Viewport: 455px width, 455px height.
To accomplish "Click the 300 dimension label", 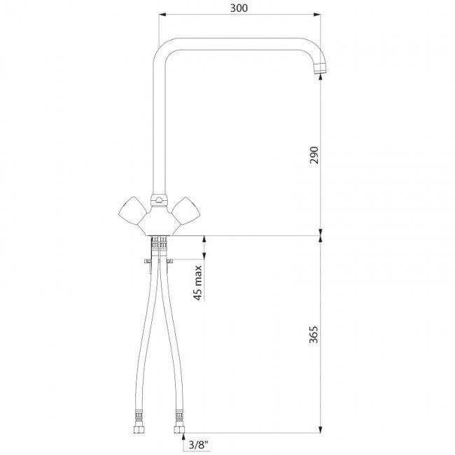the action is tap(239, 8).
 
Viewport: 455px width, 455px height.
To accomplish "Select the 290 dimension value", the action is tap(314, 155).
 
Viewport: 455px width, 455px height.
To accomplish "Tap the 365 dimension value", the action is tap(314, 335).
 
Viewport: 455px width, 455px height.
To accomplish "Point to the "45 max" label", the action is tap(198, 283).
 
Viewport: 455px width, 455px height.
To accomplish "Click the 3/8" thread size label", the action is tap(199, 444).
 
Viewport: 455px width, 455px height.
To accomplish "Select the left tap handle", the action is tap(132, 211).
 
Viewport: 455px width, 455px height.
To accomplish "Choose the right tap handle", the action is tap(186, 211).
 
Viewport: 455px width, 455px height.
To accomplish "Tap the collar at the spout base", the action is tap(159, 200).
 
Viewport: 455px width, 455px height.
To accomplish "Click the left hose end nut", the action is tap(139, 430).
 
